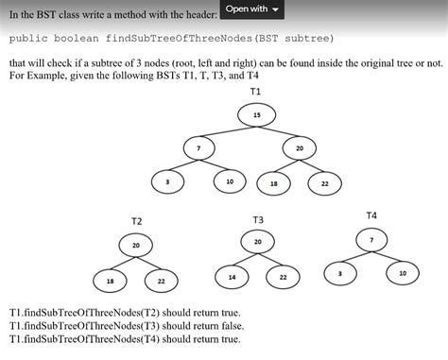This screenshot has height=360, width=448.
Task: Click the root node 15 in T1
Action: click(x=257, y=115)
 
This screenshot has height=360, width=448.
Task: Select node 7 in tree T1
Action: click(x=198, y=148)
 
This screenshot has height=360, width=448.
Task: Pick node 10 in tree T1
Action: click(x=230, y=180)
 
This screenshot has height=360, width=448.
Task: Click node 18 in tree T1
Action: click(x=274, y=183)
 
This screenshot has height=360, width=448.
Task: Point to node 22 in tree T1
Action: click(x=324, y=183)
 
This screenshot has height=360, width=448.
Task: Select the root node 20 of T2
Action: click(x=135, y=246)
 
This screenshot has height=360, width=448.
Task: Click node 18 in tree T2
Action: click(x=112, y=281)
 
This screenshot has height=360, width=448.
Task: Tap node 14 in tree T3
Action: click(x=233, y=277)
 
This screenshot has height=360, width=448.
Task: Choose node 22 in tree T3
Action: click(x=283, y=277)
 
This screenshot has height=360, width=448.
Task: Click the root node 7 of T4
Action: click(x=370, y=241)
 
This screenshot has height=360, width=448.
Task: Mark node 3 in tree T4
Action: click(x=339, y=273)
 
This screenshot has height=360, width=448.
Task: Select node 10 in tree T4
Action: click(x=403, y=273)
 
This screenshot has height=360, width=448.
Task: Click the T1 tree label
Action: click(x=256, y=91)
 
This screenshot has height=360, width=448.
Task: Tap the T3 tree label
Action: click(x=258, y=219)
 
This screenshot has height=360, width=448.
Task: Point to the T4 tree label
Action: click(x=370, y=215)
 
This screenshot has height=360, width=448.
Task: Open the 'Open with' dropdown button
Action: click(x=250, y=9)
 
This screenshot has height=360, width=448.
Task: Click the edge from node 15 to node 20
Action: click(x=279, y=131)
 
